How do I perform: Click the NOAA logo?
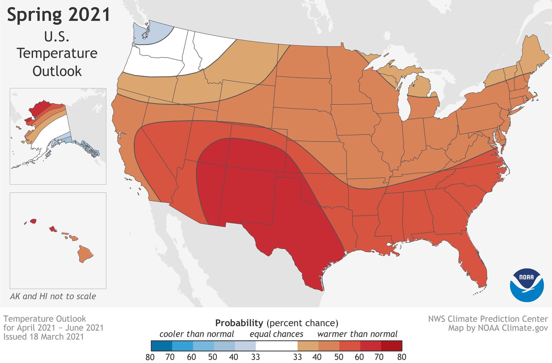click(x=527, y=285)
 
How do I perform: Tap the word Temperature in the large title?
click(x=57, y=53)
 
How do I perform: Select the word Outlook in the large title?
click(x=57, y=71)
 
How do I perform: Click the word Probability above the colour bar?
click(x=239, y=323)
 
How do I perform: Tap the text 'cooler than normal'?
click(x=196, y=334)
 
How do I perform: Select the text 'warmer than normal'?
click(x=357, y=334)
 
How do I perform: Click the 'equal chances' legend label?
click(x=276, y=334)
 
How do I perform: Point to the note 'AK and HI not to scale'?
click(x=53, y=296)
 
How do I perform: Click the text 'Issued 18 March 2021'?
click(x=43, y=337)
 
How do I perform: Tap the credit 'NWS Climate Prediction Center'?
click(x=488, y=319)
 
